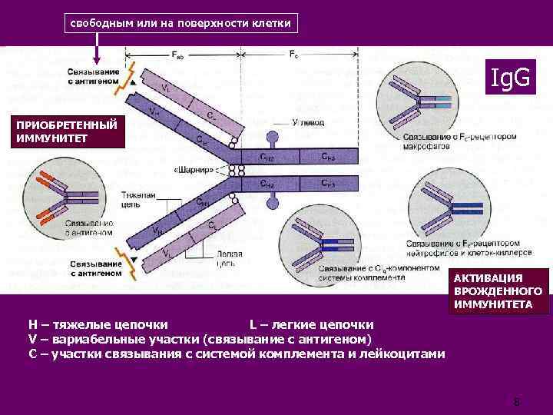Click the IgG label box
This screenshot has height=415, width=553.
coord(506,77)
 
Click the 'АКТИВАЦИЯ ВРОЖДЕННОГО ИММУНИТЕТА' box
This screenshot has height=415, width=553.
coord(498,292)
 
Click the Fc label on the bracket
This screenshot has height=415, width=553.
coord(295,55)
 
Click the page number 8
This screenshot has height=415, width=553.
coord(517,401)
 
